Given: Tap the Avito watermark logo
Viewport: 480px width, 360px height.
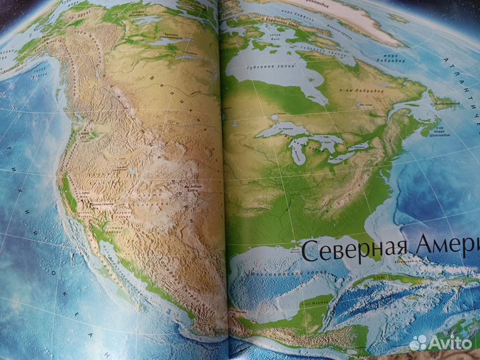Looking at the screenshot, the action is click(x=443, y=341).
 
